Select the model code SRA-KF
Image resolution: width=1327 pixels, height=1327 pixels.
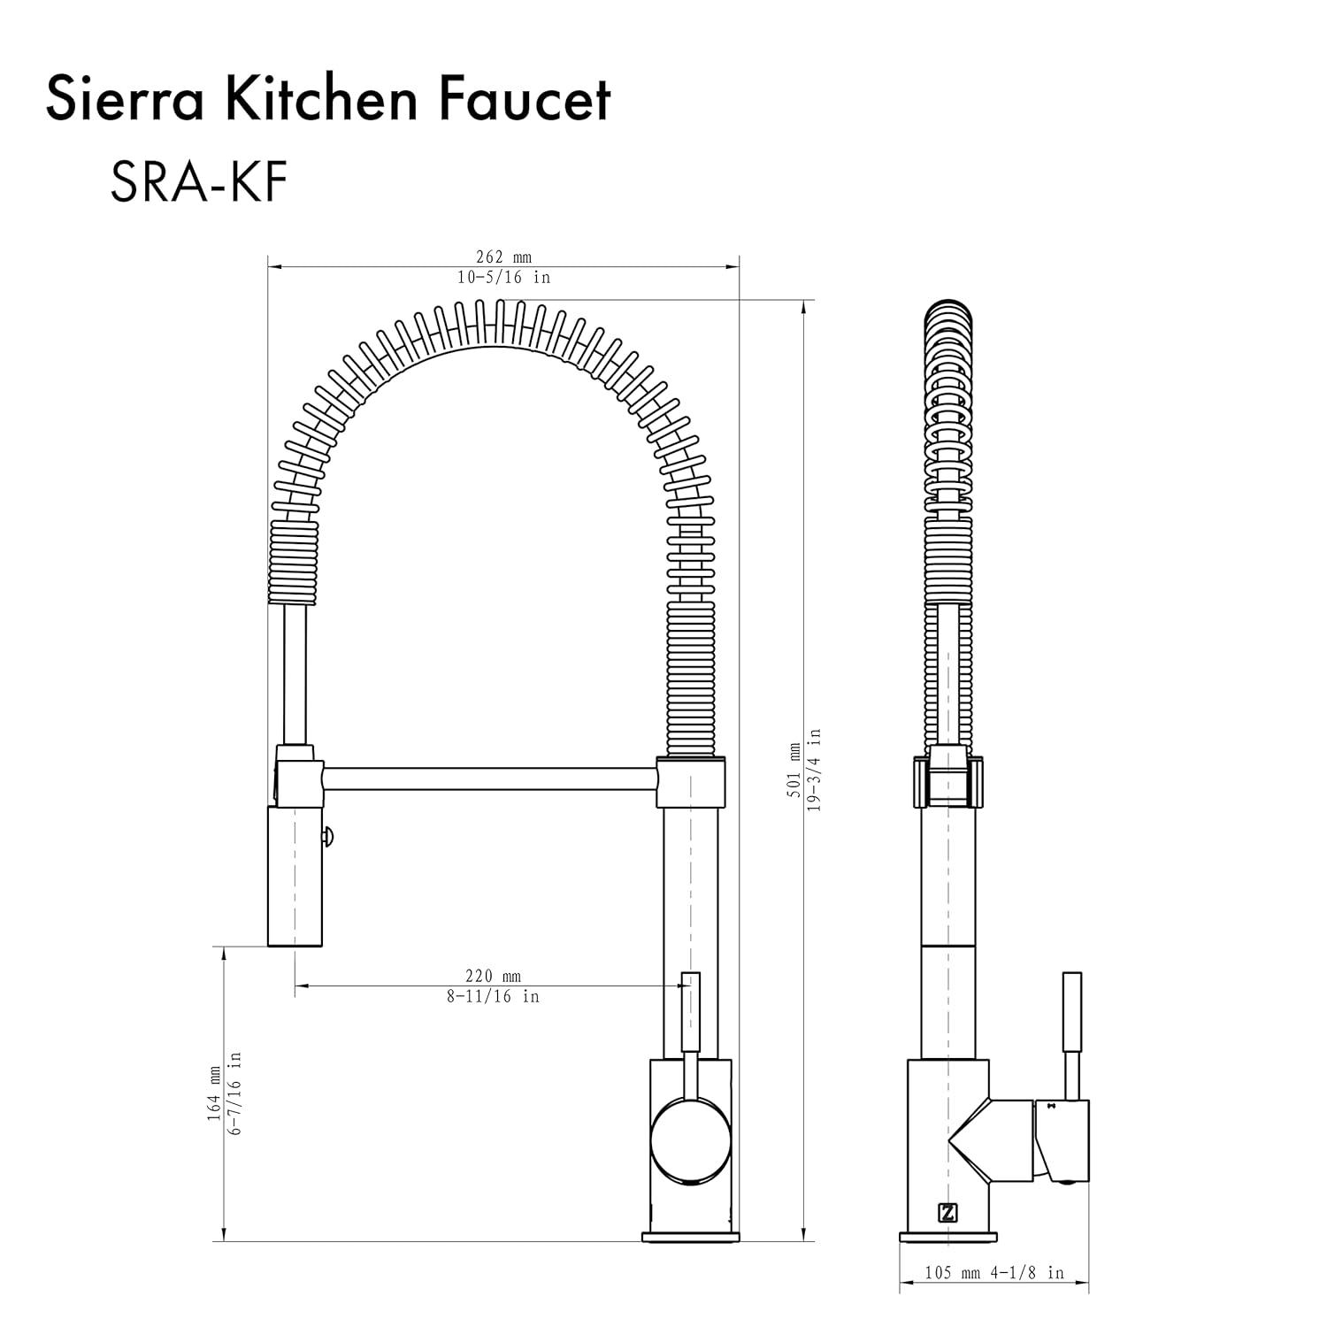coord(198,183)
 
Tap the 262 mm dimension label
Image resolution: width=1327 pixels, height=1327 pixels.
coord(503,257)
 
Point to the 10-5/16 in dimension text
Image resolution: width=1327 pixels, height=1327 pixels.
coord(503,277)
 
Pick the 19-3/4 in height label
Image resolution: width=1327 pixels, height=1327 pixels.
coord(815,771)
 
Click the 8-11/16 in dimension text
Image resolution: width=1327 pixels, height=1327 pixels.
coord(493,996)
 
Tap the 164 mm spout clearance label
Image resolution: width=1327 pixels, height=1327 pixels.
coord(214,1093)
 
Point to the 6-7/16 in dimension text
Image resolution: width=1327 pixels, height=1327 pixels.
coord(234,1093)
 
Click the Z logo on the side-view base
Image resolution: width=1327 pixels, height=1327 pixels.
coord(947,1213)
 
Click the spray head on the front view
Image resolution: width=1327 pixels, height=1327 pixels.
coord(295,876)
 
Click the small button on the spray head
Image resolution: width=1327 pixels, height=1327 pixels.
coord(328,833)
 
